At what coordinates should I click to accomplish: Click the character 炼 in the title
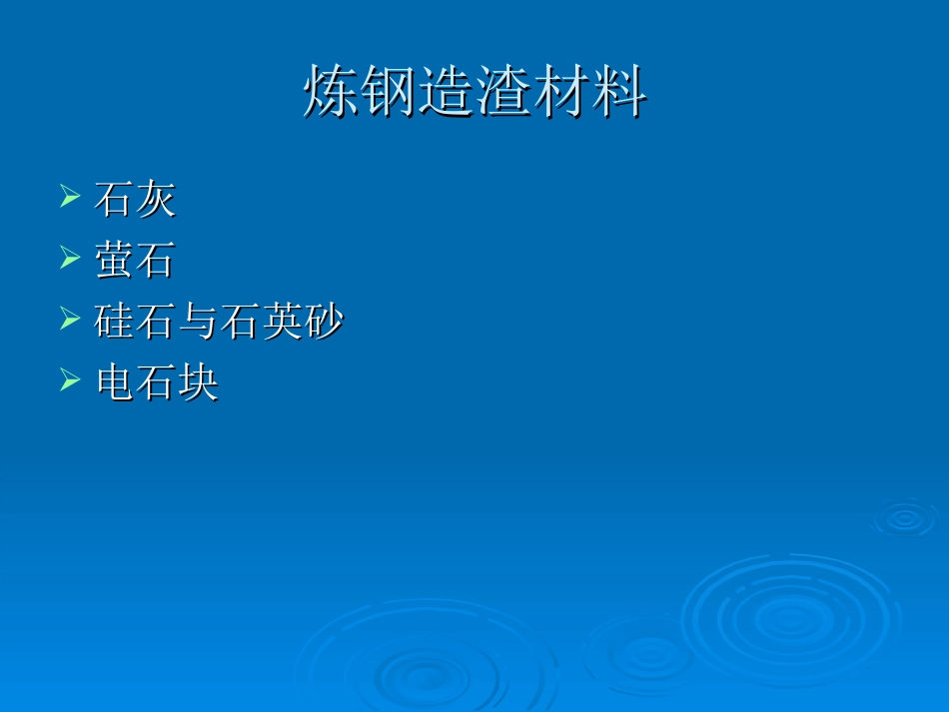[332, 92]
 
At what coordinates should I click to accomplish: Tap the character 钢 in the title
[390, 92]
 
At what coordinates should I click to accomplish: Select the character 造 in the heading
[446, 92]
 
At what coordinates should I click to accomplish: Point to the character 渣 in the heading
[502, 92]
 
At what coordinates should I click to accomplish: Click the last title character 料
[617, 92]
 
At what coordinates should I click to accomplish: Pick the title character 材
[560, 92]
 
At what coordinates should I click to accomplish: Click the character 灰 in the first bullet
[156, 200]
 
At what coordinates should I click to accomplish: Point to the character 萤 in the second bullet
[114, 261]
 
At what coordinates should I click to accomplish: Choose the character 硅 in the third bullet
[114, 322]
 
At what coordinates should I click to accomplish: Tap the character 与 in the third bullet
[198, 322]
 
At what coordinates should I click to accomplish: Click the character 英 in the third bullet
[282, 322]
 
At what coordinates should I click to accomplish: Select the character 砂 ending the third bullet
[324, 322]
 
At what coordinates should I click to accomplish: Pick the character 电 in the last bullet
[114, 382]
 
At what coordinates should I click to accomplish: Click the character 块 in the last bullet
[198, 382]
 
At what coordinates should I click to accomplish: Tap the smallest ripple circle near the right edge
[904, 517]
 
